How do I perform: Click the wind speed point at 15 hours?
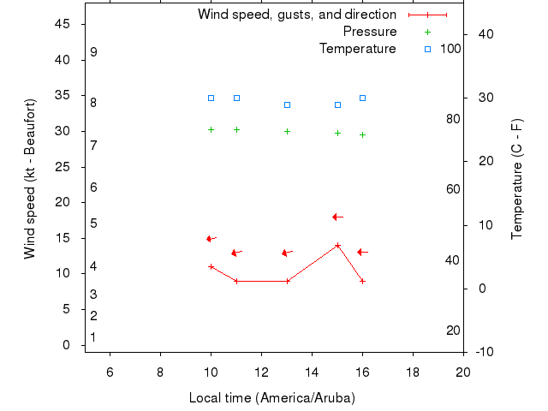[337, 245]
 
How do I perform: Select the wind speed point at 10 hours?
[211, 266]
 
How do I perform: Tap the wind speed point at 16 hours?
[363, 281]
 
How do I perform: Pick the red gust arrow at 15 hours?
[337, 217]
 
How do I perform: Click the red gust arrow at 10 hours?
[211, 238]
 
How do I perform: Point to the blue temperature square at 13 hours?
[287, 104]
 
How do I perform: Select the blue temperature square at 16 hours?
[363, 98]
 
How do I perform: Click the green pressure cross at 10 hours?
[211, 129]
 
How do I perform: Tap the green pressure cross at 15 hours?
[337, 133]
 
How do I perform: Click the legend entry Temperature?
[358, 49]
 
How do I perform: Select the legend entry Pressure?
[369, 32]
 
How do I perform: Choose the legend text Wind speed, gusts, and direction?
[296, 15]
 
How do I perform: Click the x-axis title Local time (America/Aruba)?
[271, 398]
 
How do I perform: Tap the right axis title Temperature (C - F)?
[517, 180]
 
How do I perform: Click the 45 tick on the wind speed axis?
[63, 24]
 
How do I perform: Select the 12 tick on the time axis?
[261, 371]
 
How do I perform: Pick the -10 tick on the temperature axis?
[482, 352]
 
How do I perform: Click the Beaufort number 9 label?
[93, 52]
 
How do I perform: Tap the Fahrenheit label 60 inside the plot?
[453, 189]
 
